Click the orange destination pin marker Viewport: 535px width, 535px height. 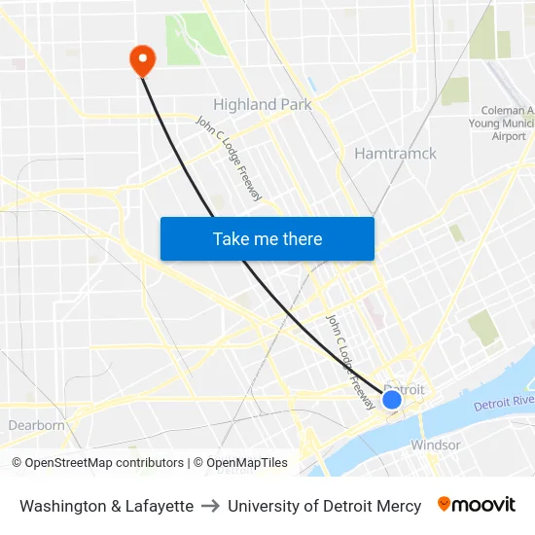tap(143, 60)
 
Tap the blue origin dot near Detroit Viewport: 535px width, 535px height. tap(392, 400)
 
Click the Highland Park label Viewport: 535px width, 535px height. tap(262, 104)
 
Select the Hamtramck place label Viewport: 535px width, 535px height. tap(395, 153)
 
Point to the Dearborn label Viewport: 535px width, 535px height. tap(36, 425)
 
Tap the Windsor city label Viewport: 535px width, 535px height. tap(435, 445)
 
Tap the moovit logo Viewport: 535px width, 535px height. tap(476, 505)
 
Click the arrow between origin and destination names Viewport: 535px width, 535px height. tap(210, 506)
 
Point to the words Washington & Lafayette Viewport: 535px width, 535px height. tap(106, 506)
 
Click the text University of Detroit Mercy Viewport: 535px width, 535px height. tap(324, 506)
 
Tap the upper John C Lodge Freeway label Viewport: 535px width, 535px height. tap(230, 159)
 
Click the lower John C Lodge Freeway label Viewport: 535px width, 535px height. tap(349, 359)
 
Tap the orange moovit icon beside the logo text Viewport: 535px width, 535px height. tap(445, 504)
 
